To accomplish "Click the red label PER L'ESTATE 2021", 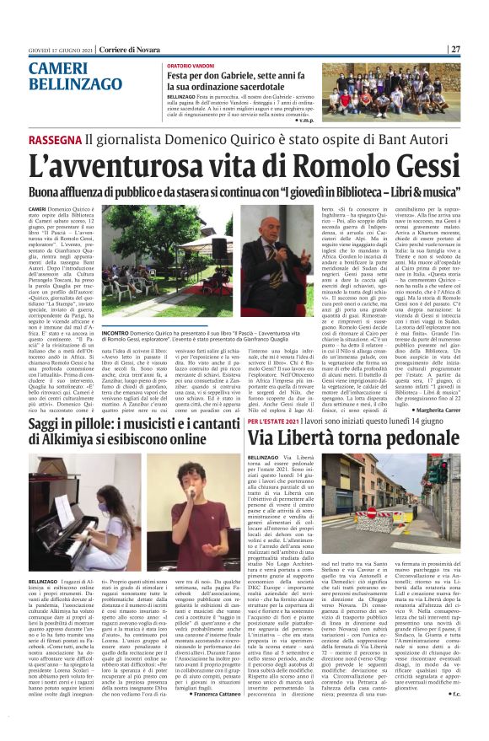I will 276,420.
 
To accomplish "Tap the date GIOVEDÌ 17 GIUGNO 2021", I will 55,50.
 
